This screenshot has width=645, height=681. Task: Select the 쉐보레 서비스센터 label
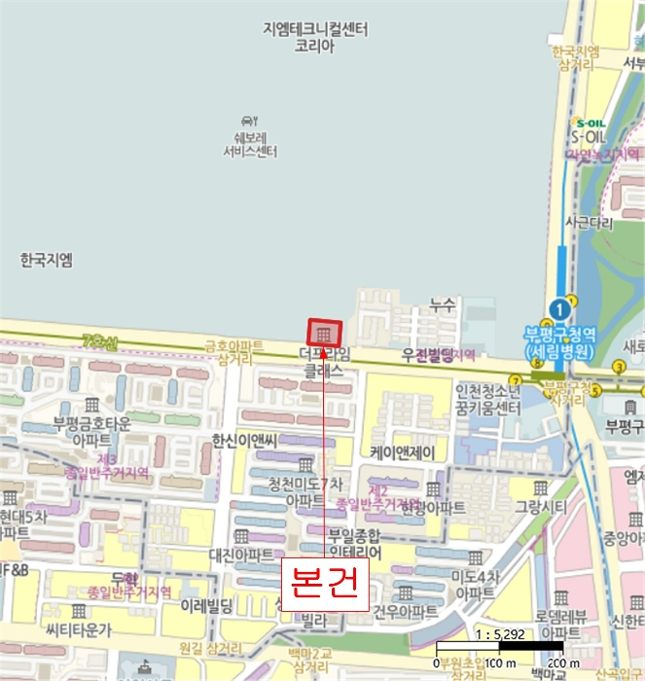[x=250, y=144]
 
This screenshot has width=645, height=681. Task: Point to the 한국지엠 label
[x=46, y=260]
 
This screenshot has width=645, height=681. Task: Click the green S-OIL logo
[x=591, y=124]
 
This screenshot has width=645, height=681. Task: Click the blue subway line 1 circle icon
[x=557, y=308]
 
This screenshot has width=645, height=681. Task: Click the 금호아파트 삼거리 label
[x=233, y=352]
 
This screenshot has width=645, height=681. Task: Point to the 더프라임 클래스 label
[x=324, y=363]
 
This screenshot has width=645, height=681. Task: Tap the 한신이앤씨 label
[x=245, y=441]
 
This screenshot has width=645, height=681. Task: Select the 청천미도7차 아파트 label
[x=305, y=491]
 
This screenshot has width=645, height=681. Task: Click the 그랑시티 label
[x=541, y=506]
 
